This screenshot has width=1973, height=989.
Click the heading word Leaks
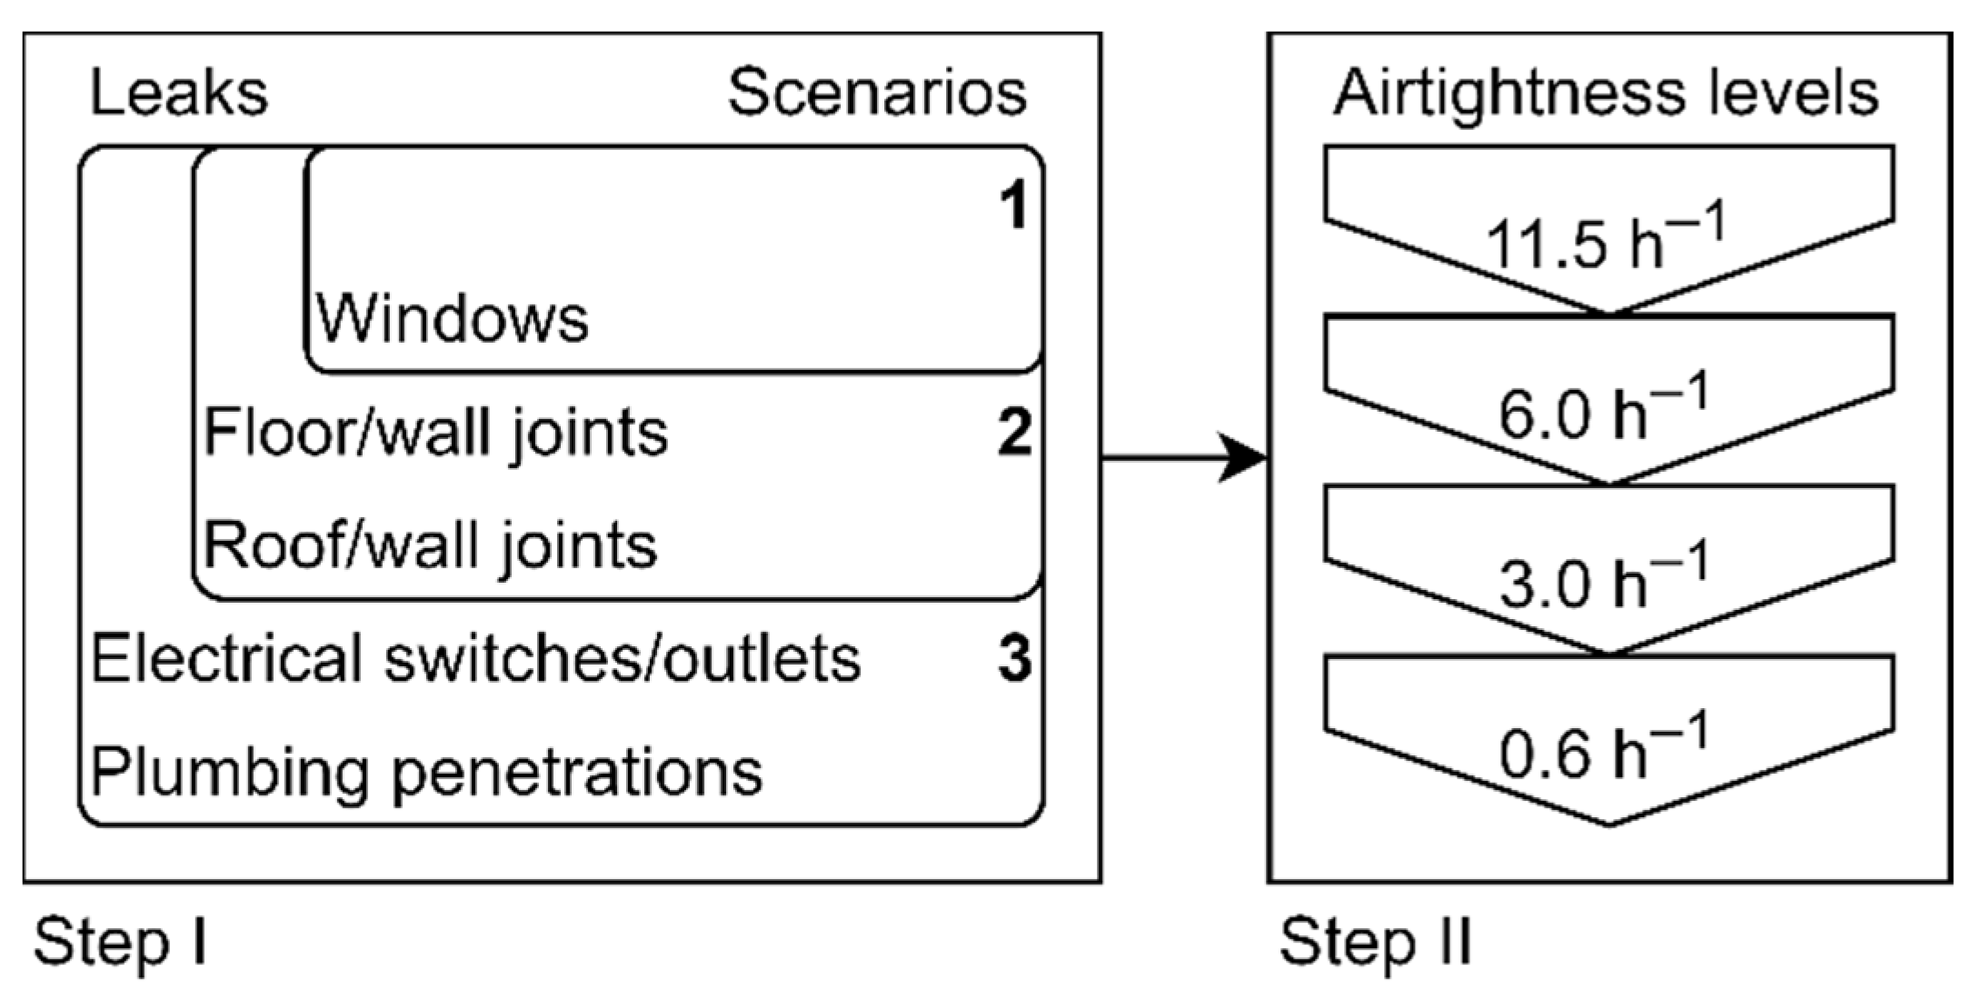tap(179, 94)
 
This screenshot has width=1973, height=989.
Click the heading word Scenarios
tap(877, 94)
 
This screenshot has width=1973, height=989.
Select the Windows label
tap(452, 319)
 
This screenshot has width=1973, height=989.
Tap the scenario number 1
tap(1013, 206)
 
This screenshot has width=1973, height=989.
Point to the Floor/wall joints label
tap(435, 433)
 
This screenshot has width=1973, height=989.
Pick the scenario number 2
tap(1014, 433)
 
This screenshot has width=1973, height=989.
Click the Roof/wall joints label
tap(430, 546)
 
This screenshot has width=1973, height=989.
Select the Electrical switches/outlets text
tap(475, 659)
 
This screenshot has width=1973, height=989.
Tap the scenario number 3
tap(1014, 659)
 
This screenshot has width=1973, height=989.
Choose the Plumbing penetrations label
tap(426, 773)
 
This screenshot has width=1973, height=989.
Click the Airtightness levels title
tap(1605, 94)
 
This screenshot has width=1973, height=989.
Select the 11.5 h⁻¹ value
tap(1604, 241)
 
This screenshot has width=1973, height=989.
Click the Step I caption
tap(121, 943)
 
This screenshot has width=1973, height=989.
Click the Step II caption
tap(1375, 943)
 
